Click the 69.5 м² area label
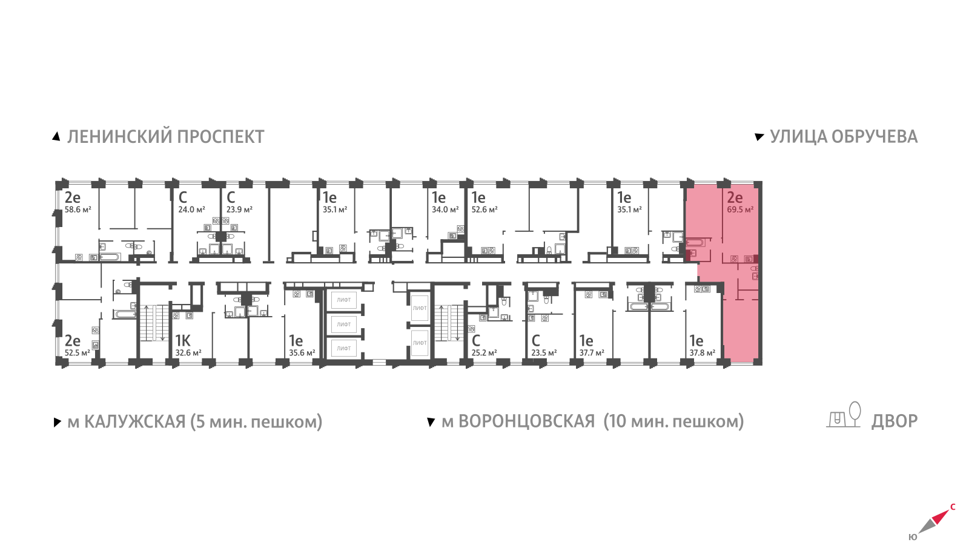tap(740, 210)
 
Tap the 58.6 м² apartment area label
tap(78, 210)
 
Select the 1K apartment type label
tap(182, 341)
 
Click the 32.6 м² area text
tap(188, 353)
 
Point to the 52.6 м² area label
tap(484, 210)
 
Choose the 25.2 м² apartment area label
tap(484, 353)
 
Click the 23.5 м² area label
tap(544, 353)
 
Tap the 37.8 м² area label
tap(702, 353)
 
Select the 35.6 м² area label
tap(302, 353)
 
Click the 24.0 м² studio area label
tap(191, 210)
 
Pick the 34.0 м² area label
tap(445, 210)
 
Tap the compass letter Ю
tap(913, 537)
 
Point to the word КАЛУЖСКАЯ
tap(134, 421)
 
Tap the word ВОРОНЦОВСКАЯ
tap(526, 421)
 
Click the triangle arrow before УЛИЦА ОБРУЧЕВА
tap(759, 137)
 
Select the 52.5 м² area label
tap(77, 353)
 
